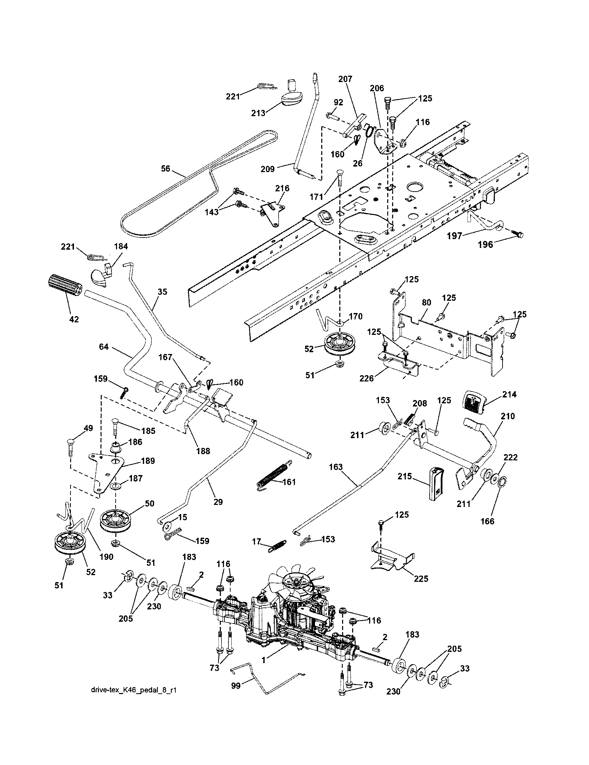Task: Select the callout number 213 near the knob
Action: click(258, 113)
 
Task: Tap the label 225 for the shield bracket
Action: click(421, 578)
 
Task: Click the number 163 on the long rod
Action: click(336, 467)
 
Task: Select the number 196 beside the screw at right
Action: click(486, 244)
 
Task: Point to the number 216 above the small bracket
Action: click(282, 188)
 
